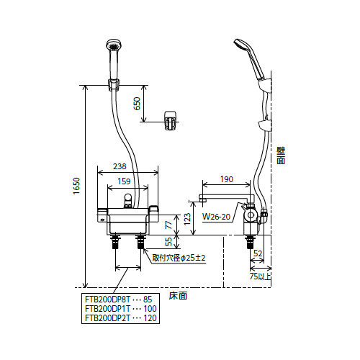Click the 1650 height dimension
click(76, 186)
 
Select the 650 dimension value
click(137, 104)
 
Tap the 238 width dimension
click(120, 166)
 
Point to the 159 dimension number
click(124, 181)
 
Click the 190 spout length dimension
click(227, 179)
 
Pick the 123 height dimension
click(187, 219)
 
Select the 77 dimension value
click(169, 225)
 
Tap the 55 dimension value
click(169, 242)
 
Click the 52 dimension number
click(258, 253)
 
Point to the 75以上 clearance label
click(261, 276)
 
